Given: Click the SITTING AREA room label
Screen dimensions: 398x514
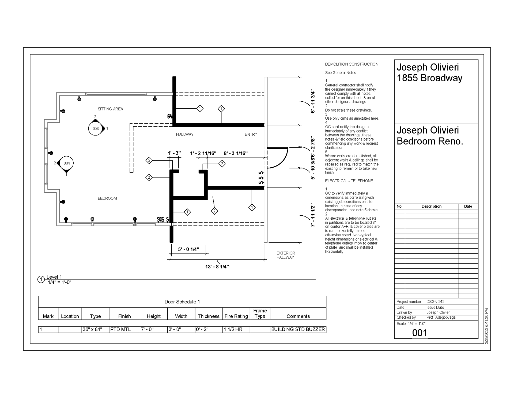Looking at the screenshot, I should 110,109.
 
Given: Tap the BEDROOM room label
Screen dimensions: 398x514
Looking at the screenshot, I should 107,198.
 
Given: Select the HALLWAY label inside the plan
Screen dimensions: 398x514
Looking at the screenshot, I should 185,134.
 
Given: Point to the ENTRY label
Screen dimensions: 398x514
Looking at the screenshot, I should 251,134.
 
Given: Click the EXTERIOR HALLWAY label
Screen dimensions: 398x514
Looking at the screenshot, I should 285,255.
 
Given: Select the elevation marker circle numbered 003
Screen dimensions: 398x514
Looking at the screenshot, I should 96,129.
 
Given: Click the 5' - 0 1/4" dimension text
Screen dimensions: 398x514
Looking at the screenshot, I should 189,249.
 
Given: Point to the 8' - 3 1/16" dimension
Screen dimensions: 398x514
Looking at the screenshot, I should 236,153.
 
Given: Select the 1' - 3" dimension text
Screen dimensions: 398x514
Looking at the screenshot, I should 174,153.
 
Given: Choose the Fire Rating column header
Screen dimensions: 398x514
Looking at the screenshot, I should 236,316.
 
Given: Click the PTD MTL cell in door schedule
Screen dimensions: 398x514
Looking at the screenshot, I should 120,329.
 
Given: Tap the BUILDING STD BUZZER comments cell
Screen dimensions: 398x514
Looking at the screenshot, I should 298,329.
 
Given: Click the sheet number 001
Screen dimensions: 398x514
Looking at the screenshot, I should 419,333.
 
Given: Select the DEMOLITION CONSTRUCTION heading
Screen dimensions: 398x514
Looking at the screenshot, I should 352,64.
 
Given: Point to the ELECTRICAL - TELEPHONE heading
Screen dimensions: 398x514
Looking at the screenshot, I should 349,181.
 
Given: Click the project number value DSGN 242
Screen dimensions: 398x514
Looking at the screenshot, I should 435,302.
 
